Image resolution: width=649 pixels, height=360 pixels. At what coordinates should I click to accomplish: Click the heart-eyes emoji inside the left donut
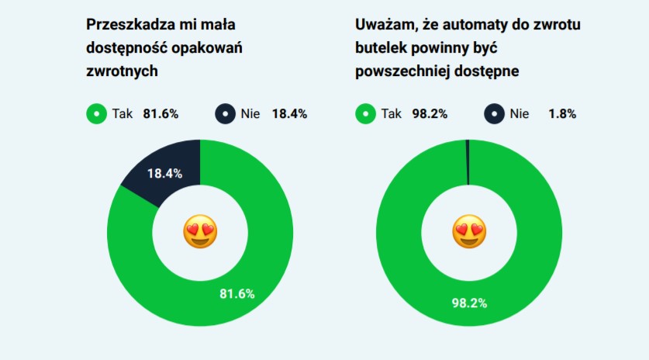tap(200, 232)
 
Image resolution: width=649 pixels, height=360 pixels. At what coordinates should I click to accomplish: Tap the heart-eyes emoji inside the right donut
tap(469, 232)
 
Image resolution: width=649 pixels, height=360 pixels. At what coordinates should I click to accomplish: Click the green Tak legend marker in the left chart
tap(95, 114)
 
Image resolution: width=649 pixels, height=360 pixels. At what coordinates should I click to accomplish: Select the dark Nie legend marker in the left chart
tap(225, 114)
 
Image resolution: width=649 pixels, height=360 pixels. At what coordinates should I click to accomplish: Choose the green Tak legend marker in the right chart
tap(364, 114)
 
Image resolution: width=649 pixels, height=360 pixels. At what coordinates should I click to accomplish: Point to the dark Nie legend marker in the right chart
tap(494, 114)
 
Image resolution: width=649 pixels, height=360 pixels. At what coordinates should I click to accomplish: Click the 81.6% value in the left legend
tap(161, 114)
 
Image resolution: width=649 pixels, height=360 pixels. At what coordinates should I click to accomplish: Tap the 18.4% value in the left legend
tap(289, 114)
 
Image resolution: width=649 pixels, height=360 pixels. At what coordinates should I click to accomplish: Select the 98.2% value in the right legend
tap(430, 114)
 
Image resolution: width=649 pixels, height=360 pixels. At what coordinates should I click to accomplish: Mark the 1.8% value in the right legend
tap(561, 114)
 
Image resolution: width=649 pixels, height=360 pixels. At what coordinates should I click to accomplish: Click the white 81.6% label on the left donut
tap(237, 293)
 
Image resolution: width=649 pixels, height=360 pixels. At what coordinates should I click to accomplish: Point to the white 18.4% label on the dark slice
tap(164, 173)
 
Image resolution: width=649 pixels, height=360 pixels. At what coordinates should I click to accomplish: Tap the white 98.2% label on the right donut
tap(469, 303)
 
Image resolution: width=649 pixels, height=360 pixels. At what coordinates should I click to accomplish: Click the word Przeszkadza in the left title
tap(128, 25)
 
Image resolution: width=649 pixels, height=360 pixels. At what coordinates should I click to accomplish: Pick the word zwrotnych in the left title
tap(122, 71)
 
